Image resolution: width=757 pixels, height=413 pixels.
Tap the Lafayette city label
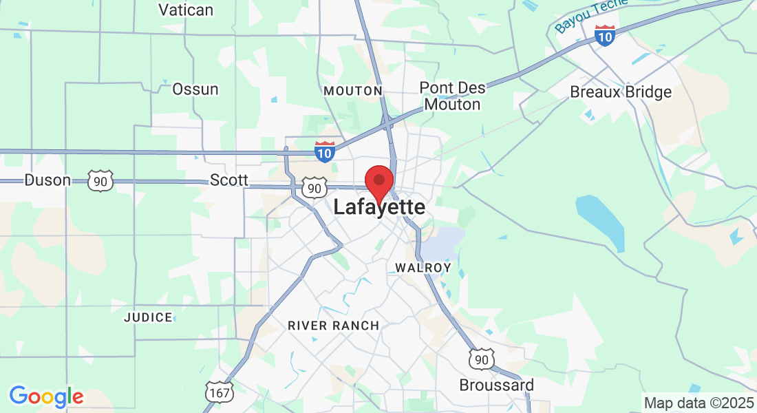coord(379,207)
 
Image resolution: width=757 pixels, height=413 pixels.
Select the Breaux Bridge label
coord(621,92)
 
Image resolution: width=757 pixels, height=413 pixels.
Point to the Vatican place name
coord(186,10)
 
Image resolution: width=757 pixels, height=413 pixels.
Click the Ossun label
coord(195,89)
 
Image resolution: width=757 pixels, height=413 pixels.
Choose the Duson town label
coord(47,180)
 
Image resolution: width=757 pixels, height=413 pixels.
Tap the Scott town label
coord(229,180)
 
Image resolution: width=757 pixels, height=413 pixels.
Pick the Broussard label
coord(496,384)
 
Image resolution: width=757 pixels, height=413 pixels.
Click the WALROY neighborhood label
coord(423,267)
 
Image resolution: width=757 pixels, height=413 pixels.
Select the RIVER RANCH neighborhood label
coord(333,326)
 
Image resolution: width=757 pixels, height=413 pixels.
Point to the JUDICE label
coord(148,317)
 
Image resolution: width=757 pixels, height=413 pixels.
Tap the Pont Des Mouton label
coord(452,96)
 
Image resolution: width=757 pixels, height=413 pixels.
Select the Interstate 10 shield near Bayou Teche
coord(605,35)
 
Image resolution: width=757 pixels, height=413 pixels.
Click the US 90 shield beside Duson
coord(100,181)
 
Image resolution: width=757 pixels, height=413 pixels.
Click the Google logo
coord(46,396)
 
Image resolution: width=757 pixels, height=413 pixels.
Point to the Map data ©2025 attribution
coord(699,403)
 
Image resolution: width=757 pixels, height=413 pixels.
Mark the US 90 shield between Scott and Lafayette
coord(314,188)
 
